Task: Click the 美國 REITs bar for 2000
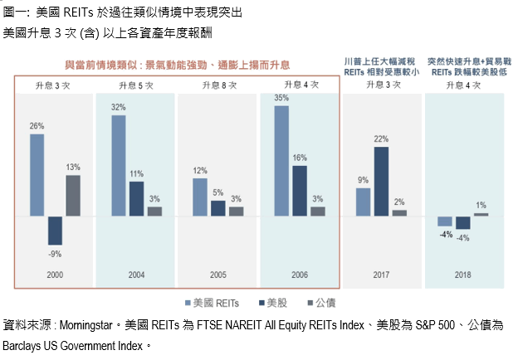(x=37, y=175)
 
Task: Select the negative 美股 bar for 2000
(x=55, y=231)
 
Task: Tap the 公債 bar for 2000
(x=73, y=196)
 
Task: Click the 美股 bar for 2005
(x=217, y=208)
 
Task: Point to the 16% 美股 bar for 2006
(x=300, y=191)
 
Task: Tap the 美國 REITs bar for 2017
(x=363, y=202)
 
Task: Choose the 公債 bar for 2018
(x=481, y=214)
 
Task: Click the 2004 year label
(x=136, y=273)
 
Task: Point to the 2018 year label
(x=463, y=273)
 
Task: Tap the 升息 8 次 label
(x=217, y=86)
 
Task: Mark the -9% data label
(x=55, y=252)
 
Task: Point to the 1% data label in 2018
(x=481, y=205)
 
